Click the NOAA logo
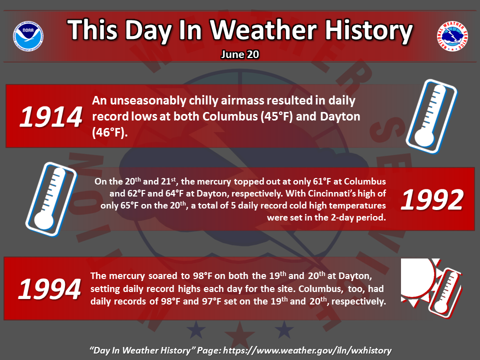28,36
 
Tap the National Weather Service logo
452,36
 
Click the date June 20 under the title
240,54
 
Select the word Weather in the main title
263,30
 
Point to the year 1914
51,117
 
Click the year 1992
432,200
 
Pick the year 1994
50,289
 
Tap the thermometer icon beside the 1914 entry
431,116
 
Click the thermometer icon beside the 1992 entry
51,199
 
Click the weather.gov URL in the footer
307,350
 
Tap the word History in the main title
368,30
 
